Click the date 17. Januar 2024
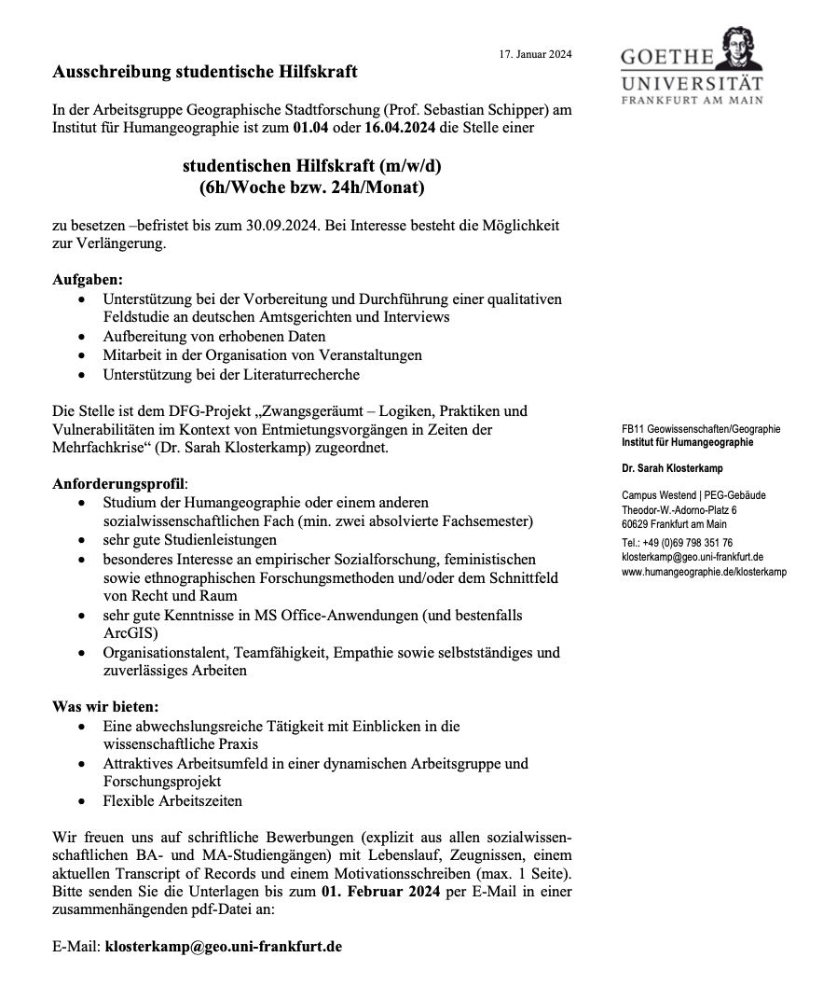tap(535, 54)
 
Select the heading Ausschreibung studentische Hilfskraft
tap(205, 72)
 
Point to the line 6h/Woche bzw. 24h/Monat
tap(311, 187)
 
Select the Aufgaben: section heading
tap(88, 280)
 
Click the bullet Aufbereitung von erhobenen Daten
tap(214, 336)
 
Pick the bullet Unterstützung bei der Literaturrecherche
tap(231, 374)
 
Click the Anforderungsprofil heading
tap(118, 484)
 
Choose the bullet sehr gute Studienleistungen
tap(190, 539)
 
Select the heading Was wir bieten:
tap(105, 706)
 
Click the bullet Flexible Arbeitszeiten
tap(172, 800)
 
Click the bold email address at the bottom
tap(223, 946)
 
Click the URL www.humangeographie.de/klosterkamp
tap(704, 571)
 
